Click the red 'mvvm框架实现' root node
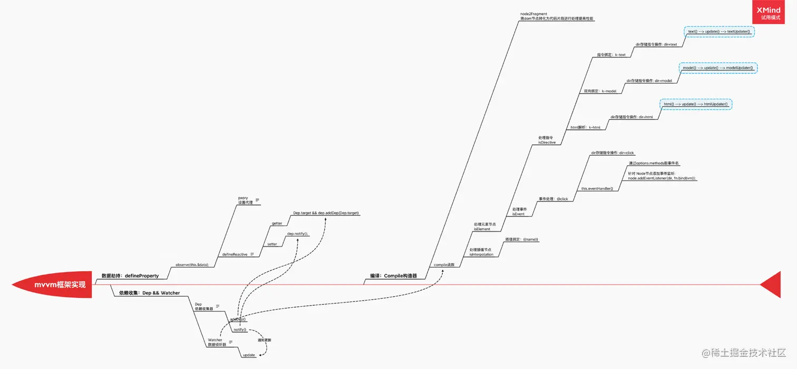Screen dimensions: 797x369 [53, 285]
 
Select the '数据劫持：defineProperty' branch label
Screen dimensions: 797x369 [130, 276]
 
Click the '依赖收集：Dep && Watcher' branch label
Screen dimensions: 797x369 [146, 293]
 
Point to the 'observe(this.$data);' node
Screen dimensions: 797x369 [192, 264]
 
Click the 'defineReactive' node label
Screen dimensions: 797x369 [235, 254]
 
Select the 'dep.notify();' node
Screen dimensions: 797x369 [297, 234]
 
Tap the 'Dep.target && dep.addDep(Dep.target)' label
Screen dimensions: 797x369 [326, 213]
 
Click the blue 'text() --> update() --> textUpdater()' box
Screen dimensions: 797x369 [720, 32]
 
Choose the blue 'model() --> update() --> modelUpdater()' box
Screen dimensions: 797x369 [717, 68]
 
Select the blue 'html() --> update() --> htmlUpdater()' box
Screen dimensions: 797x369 [696, 104]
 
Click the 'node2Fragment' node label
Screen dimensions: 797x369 [533, 14]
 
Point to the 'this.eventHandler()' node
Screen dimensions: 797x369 [597, 188]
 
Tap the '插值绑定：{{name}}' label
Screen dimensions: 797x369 [522, 239]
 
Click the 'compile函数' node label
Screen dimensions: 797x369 [444, 264]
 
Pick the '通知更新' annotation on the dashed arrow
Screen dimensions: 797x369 [264, 340]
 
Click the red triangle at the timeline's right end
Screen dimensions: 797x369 [772, 285]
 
